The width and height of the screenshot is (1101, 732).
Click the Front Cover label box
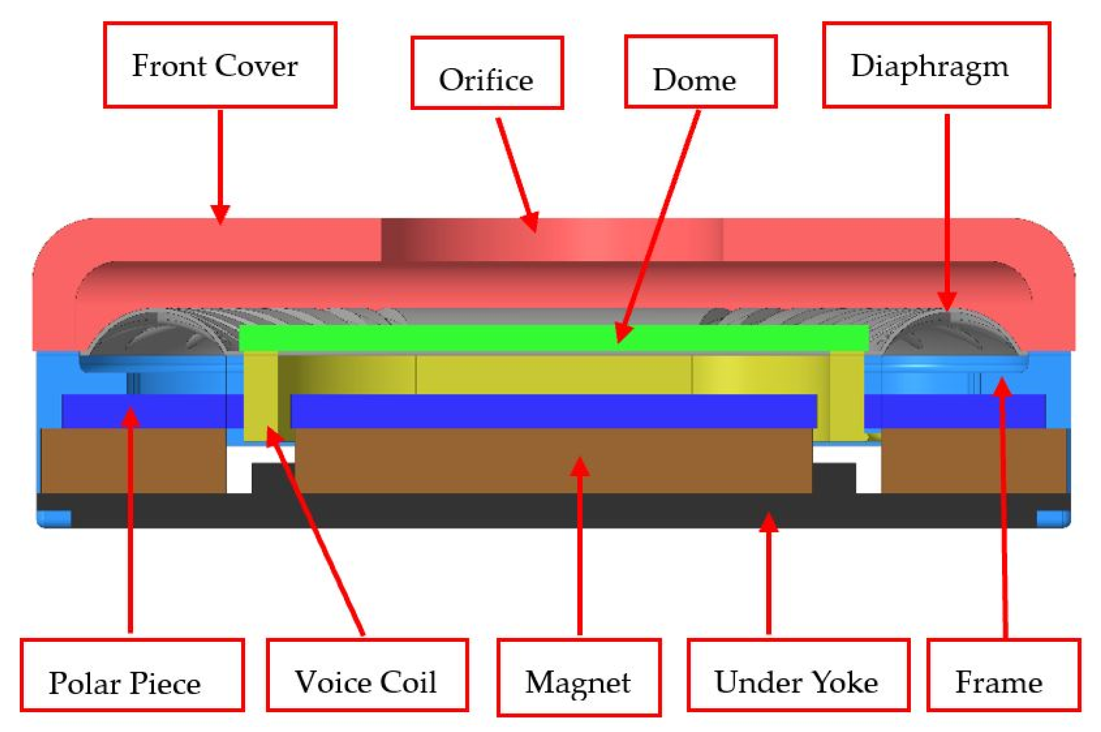220,65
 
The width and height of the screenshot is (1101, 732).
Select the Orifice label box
487,73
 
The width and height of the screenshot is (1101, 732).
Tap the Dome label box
701,71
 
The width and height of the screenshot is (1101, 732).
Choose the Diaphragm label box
936,65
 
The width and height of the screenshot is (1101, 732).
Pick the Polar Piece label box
132,675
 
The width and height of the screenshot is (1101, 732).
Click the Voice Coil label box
367,675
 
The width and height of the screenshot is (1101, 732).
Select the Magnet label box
578,678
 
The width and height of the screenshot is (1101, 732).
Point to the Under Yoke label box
798,675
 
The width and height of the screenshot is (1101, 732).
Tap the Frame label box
1003,675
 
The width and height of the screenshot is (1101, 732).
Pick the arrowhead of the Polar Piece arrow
130,416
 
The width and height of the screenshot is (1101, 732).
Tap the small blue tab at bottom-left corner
54,518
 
